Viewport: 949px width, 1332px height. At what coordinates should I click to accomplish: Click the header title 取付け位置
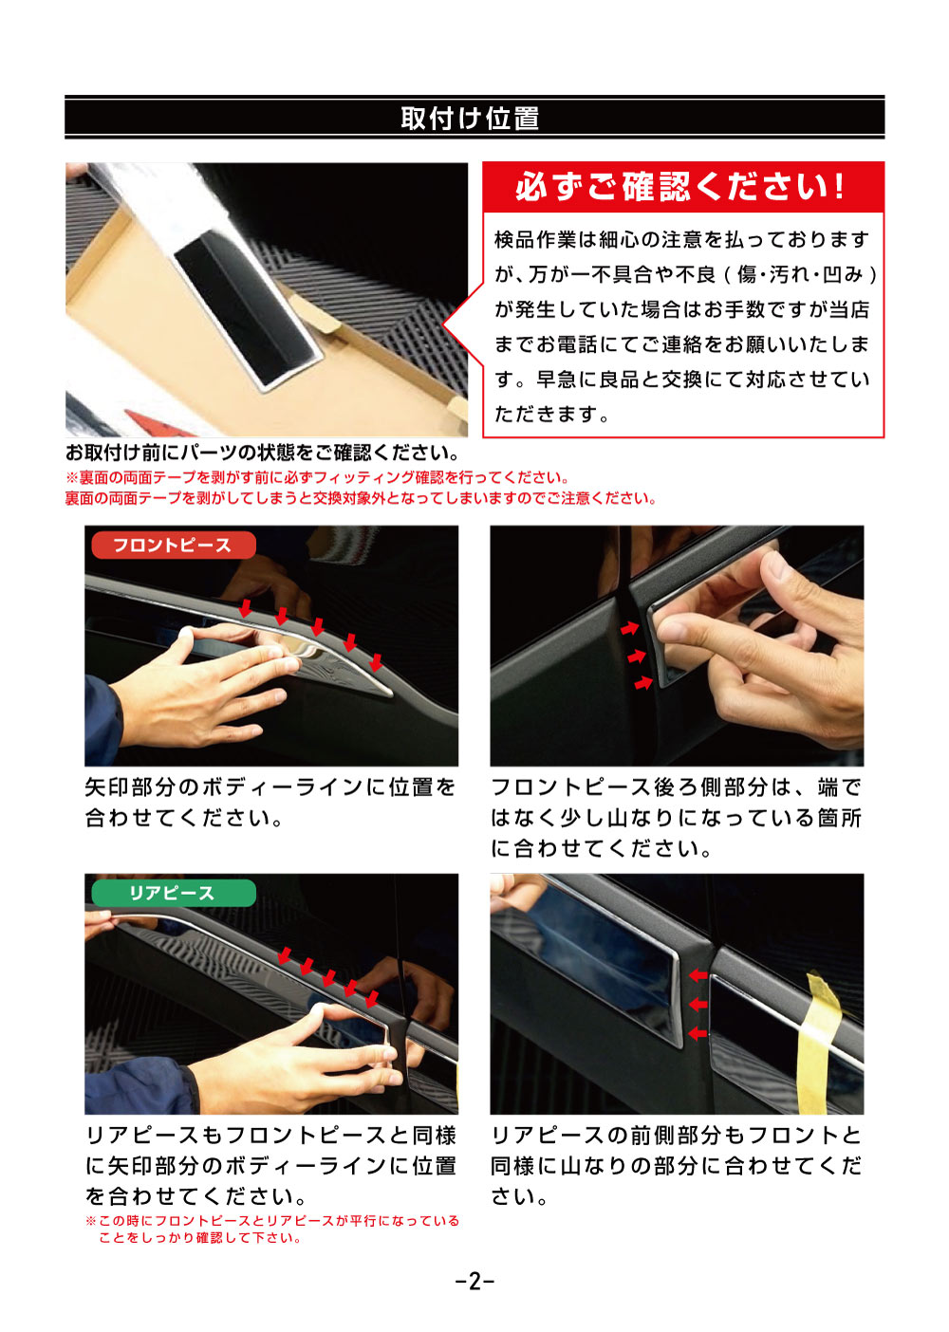pyautogui.click(x=471, y=119)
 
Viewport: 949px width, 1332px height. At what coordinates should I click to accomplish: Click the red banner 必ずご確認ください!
pyautogui.click(x=681, y=187)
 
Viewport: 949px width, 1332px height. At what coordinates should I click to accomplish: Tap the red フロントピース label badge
pyautogui.click(x=173, y=546)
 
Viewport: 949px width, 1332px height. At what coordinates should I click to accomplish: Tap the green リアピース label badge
pyautogui.click(x=173, y=894)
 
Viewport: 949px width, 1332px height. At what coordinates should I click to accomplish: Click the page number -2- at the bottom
pyautogui.click(x=474, y=1282)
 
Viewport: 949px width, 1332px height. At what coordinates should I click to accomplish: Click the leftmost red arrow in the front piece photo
pyautogui.click(x=246, y=608)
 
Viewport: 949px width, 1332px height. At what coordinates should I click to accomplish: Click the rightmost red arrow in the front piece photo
pyautogui.click(x=376, y=661)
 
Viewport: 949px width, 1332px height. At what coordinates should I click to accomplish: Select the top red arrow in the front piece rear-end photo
pyautogui.click(x=629, y=628)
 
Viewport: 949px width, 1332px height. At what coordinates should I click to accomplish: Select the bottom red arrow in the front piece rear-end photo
pyautogui.click(x=643, y=682)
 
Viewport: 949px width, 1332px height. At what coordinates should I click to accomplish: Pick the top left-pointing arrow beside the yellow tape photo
pyautogui.click(x=698, y=975)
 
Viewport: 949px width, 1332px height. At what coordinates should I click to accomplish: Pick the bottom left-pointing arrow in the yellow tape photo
pyautogui.click(x=698, y=1033)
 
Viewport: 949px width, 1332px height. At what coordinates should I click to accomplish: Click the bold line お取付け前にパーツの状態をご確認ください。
pyautogui.click(x=263, y=453)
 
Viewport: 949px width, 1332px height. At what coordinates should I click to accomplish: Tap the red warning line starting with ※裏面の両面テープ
pyautogui.click(x=318, y=477)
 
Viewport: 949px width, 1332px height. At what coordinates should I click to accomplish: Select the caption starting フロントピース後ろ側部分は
pyautogui.click(x=676, y=817)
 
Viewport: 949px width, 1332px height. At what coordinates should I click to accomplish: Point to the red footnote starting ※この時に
pyautogui.click(x=272, y=1229)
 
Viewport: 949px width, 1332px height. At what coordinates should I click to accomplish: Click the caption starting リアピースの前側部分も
pyautogui.click(x=676, y=1165)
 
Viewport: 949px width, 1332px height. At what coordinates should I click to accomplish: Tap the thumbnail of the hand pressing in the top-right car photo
pyautogui.click(x=677, y=645)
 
